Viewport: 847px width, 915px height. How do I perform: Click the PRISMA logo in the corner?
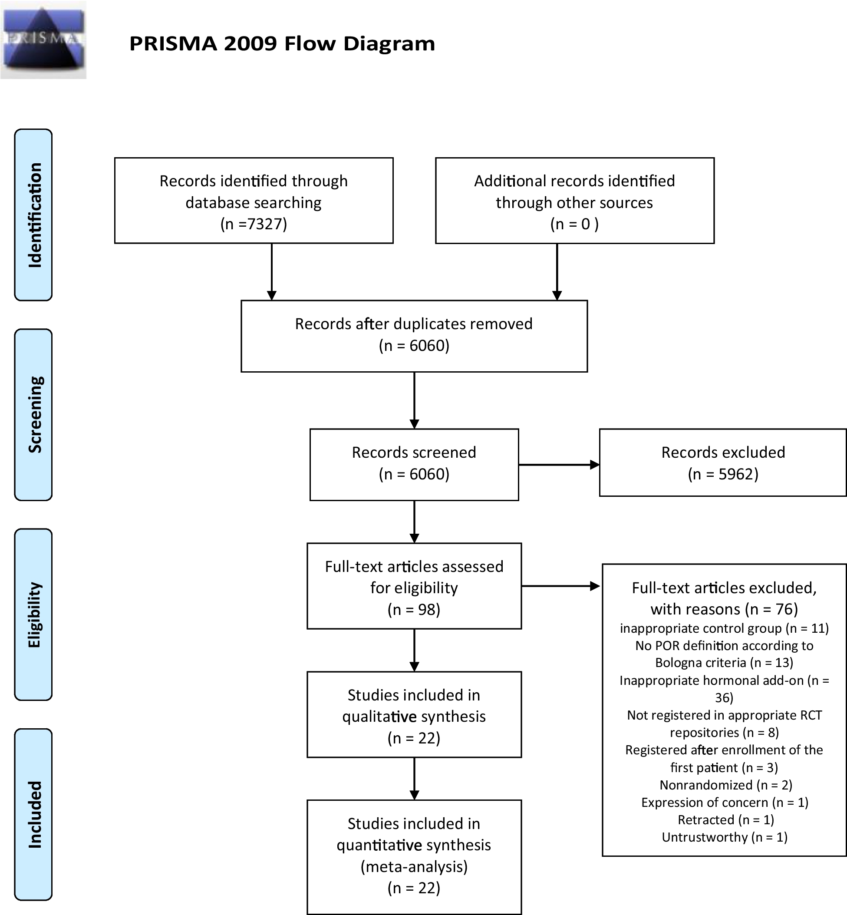click(x=43, y=40)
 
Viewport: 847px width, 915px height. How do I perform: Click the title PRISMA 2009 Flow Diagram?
click(x=282, y=43)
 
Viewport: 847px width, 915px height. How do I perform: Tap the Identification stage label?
click(x=33, y=215)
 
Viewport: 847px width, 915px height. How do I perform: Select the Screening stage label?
click(x=33, y=414)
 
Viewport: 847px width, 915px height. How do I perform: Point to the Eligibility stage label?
click(x=33, y=614)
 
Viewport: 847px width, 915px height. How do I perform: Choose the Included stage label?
click(x=33, y=814)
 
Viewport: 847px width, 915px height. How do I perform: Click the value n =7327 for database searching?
click(x=254, y=224)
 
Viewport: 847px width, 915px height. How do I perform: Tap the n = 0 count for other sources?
click(x=574, y=224)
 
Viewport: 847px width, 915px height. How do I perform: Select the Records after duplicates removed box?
click(x=414, y=336)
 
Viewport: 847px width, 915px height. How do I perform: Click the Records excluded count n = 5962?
click(x=723, y=473)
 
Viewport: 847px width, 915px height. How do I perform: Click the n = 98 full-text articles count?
click(x=414, y=609)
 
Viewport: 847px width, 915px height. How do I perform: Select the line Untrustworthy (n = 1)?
click(x=724, y=837)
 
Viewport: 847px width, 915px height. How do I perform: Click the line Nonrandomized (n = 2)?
click(x=725, y=785)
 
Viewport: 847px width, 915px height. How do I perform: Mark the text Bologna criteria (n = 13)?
click(x=724, y=662)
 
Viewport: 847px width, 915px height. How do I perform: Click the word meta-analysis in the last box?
click(x=414, y=866)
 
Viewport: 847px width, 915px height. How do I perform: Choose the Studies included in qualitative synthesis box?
click(x=414, y=716)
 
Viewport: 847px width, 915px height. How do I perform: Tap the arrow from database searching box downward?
click(x=272, y=271)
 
